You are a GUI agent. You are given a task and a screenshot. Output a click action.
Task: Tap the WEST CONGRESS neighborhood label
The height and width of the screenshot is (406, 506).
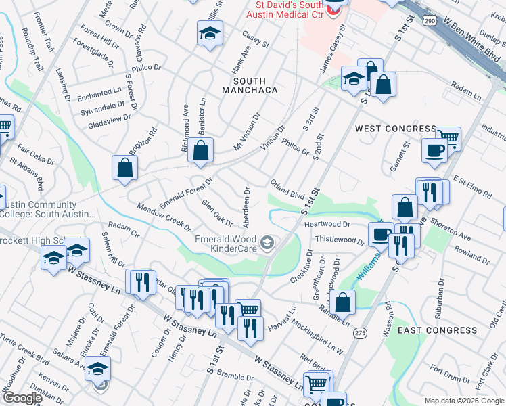(396, 129)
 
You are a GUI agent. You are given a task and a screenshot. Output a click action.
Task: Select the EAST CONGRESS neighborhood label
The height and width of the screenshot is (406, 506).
(437, 330)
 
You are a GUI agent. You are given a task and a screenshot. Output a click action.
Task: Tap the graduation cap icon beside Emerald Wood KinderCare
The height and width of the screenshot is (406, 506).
(267, 242)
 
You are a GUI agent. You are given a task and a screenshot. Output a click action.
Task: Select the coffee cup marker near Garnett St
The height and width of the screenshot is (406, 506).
(434, 150)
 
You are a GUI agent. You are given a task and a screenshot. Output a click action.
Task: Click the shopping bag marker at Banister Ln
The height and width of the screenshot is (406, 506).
(201, 151)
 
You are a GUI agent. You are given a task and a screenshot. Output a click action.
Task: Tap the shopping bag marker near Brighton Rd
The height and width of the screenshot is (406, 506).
(125, 168)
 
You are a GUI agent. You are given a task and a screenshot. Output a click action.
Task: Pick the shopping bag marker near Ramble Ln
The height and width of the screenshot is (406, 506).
(344, 302)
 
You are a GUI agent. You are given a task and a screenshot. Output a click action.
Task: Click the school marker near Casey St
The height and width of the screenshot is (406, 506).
(210, 32)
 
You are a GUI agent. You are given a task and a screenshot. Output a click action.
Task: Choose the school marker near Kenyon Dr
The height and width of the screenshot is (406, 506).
(98, 368)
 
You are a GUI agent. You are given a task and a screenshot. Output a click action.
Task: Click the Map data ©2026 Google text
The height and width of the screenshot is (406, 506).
(463, 401)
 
